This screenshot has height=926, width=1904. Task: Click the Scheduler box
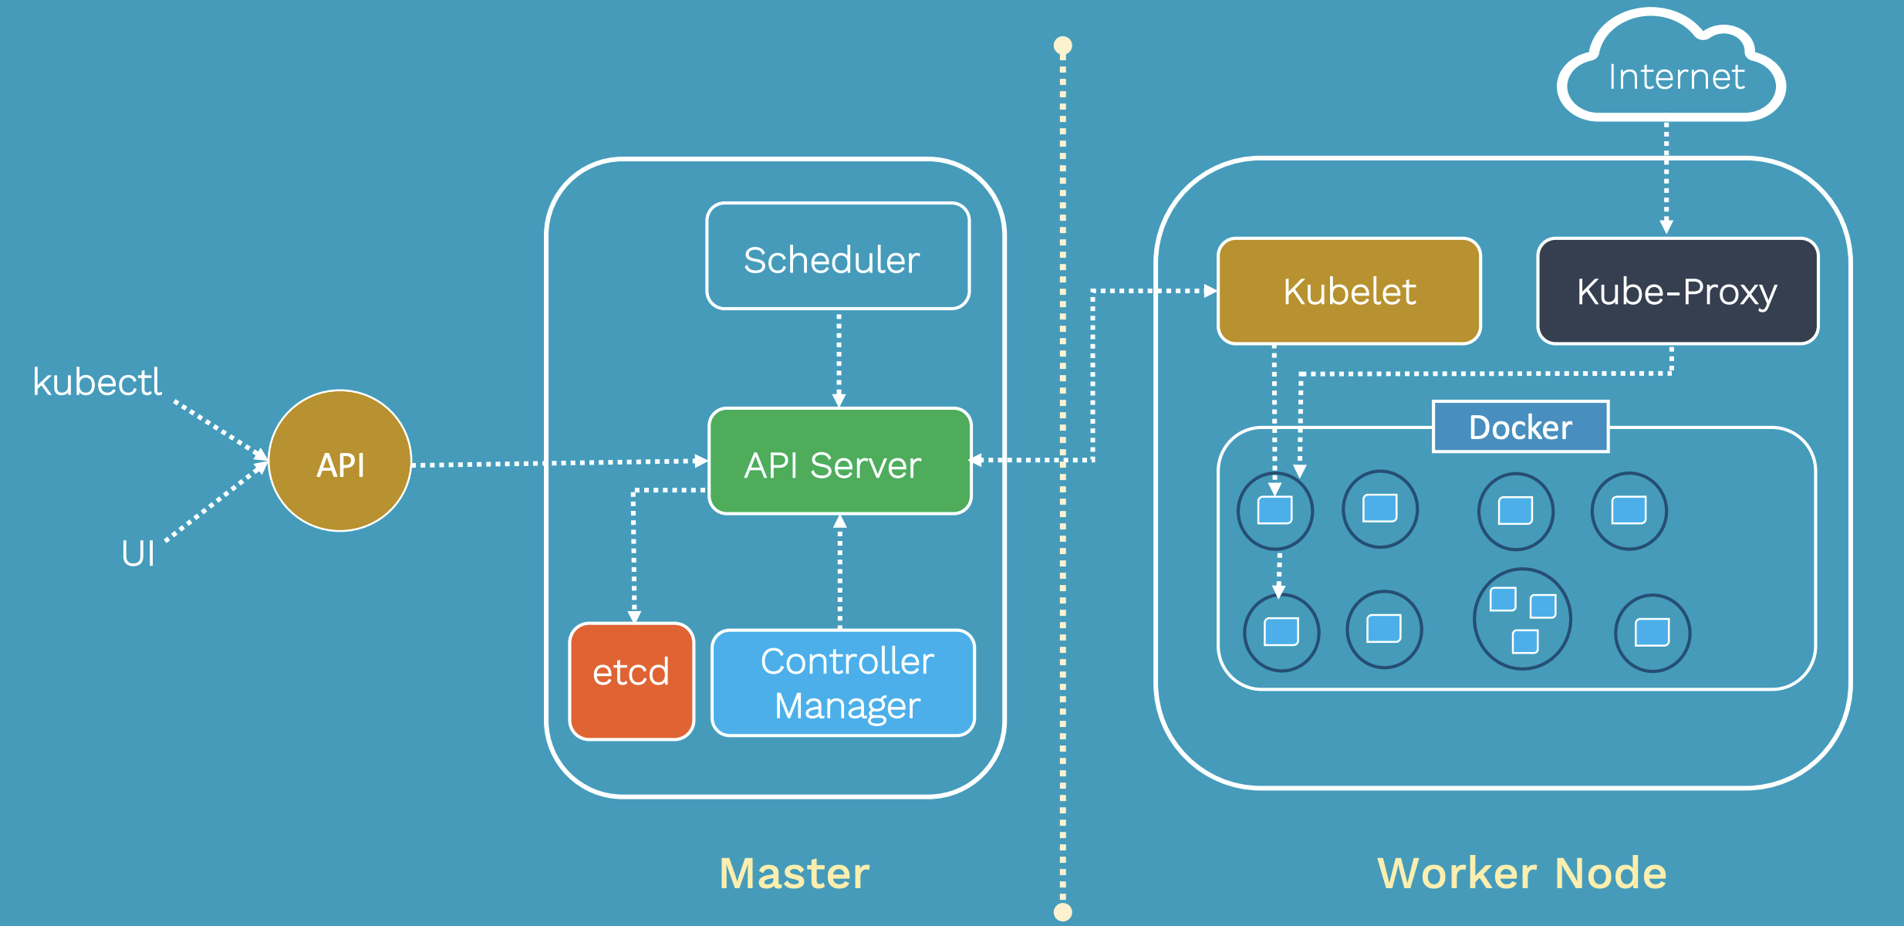point(838,257)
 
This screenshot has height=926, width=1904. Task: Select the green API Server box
point(839,461)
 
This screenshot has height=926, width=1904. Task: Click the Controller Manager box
point(843,683)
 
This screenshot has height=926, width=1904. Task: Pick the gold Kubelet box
point(1349,291)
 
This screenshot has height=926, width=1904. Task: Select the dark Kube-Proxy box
point(1677,291)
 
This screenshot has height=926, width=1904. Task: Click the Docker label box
point(1520,427)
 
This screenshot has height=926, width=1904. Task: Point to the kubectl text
point(97,382)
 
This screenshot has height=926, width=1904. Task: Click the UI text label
point(138,553)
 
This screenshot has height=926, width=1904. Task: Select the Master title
point(794,873)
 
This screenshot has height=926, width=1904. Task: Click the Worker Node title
point(1521,873)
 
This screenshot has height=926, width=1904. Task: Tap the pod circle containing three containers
point(1521,618)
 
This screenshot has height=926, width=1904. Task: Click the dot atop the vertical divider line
point(1062,46)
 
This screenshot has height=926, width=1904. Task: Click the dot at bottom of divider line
point(1062,912)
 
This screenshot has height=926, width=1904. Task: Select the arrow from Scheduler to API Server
point(839,359)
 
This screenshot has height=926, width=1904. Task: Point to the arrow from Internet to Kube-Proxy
point(1666,177)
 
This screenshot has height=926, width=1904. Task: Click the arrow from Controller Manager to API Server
point(839,571)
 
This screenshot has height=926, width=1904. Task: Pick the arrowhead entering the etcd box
point(634,617)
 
